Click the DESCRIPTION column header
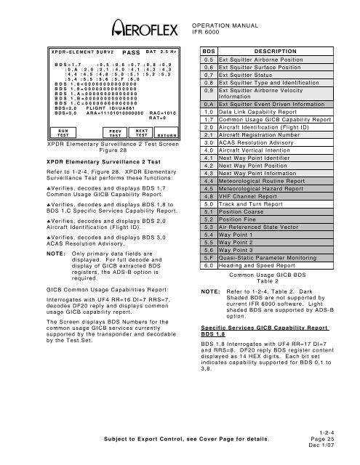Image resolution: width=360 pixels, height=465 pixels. (x=279, y=53)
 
